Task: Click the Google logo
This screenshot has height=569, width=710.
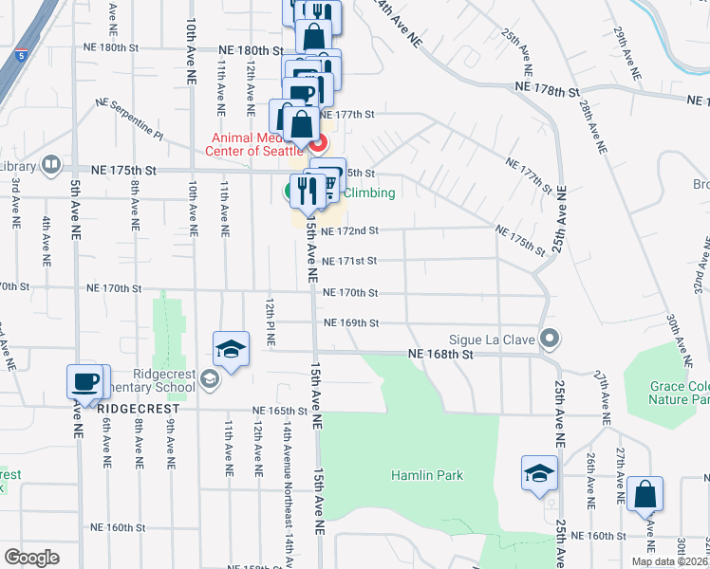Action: pos(32,558)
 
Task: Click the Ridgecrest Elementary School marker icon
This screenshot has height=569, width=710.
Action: pos(209,380)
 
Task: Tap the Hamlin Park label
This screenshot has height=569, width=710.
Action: pos(427,474)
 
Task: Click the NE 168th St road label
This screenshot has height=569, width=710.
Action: pos(439,354)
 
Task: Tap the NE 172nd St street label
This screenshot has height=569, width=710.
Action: pos(349,230)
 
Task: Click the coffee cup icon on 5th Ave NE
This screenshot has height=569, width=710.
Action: pos(84,382)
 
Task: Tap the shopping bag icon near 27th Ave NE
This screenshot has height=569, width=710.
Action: pos(645,494)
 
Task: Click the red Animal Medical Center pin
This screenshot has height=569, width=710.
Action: pos(317,144)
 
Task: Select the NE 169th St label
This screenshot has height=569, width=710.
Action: pos(350,323)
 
